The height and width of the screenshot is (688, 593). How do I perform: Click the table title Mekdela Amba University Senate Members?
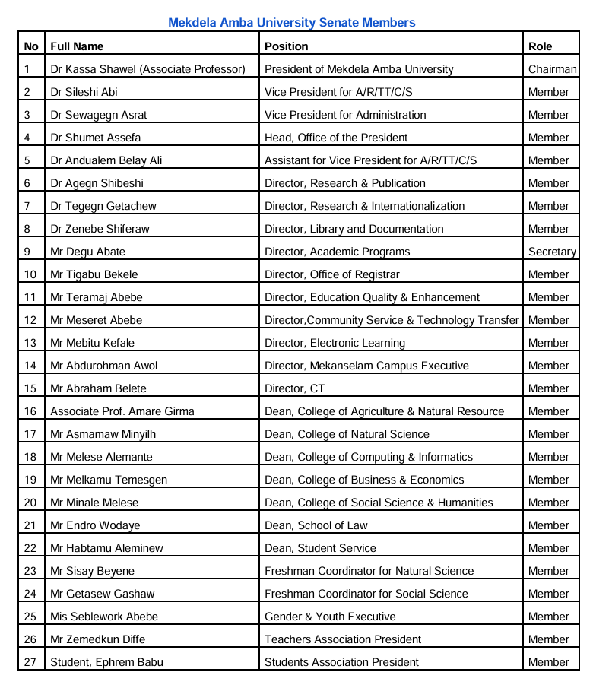pyautogui.click(x=292, y=23)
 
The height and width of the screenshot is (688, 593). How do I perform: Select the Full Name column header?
pyautogui.click(x=77, y=46)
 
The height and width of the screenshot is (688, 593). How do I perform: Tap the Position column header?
pyautogui.click(x=287, y=46)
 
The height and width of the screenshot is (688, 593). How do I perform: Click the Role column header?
pyautogui.click(x=541, y=46)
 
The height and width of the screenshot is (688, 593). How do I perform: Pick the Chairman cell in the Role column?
pyautogui.click(x=552, y=69)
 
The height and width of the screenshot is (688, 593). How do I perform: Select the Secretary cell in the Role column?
pyautogui.click(x=552, y=252)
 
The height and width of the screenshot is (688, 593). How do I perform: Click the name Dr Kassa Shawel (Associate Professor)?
pyautogui.click(x=147, y=69)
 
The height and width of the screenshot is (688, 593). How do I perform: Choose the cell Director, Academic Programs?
pyautogui.click(x=337, y=252)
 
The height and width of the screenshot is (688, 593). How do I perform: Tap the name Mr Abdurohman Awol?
pyautogui.click(x=104, y=366)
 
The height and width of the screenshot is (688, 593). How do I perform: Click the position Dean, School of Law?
pyautogui.click(x=316, y=525)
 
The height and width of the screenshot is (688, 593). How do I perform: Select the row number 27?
pyautogui.click(x=30, y=662)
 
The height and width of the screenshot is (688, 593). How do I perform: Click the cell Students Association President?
pyautogui.click(x=341, y=662)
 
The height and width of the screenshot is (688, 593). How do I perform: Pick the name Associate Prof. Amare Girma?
pyautogui.click(x=122, y=411)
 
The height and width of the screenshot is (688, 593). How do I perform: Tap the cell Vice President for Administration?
pyautogui.click(x=345, y=115)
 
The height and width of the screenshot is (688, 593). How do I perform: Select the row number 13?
pyautogui.click(x=30, y=343)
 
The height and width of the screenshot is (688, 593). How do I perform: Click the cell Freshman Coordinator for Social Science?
pyautogui.click(x=366, y=594)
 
